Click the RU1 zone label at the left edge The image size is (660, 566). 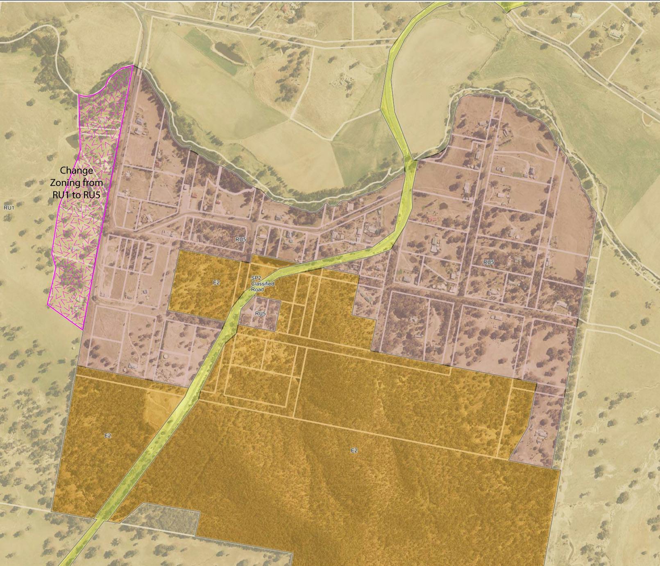tap(9, 208)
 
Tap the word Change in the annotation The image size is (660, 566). tap(76, 170)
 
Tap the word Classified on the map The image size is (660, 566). tap(263, 284)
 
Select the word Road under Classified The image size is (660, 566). tap(257, 289)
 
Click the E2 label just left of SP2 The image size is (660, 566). tap(216, 282)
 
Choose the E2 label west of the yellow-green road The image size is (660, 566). tap(107, 436)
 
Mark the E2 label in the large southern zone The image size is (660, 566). tap(354, 451)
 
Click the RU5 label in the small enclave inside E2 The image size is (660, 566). tap(261, 313)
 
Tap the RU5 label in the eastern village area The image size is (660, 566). tap(488, 262)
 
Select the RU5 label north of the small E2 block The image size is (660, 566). tap(240, 239)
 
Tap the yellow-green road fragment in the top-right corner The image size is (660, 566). tap(513, 5)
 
